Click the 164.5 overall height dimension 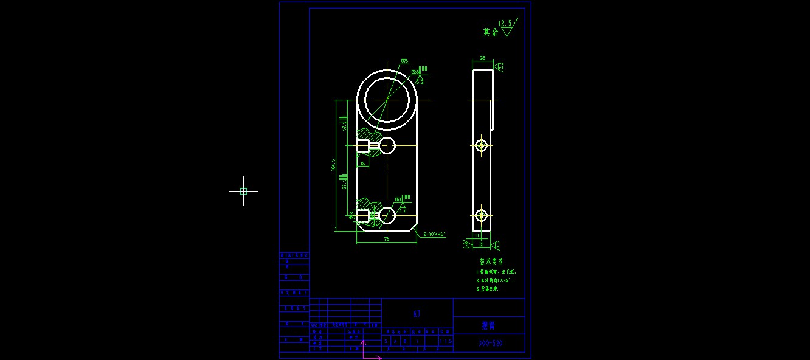(333, 165)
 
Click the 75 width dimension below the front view (386, 240)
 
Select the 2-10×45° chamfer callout (435, 234)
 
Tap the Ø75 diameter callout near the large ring (404, 61)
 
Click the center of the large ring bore (387, 100)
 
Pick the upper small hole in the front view (387, 145)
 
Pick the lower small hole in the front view (387, 215)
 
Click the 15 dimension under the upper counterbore (362, 164)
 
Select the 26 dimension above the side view (483, 58)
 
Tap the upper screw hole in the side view (482, 145)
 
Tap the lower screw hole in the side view (482, 215)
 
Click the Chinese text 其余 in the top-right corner (490, 33)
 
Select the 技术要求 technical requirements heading (491, 261)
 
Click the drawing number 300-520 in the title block (490, 344)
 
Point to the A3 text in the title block (417, 314)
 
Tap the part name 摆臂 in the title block (488, 325)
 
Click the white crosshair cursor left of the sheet (243, 191)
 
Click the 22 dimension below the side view (481, 244)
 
